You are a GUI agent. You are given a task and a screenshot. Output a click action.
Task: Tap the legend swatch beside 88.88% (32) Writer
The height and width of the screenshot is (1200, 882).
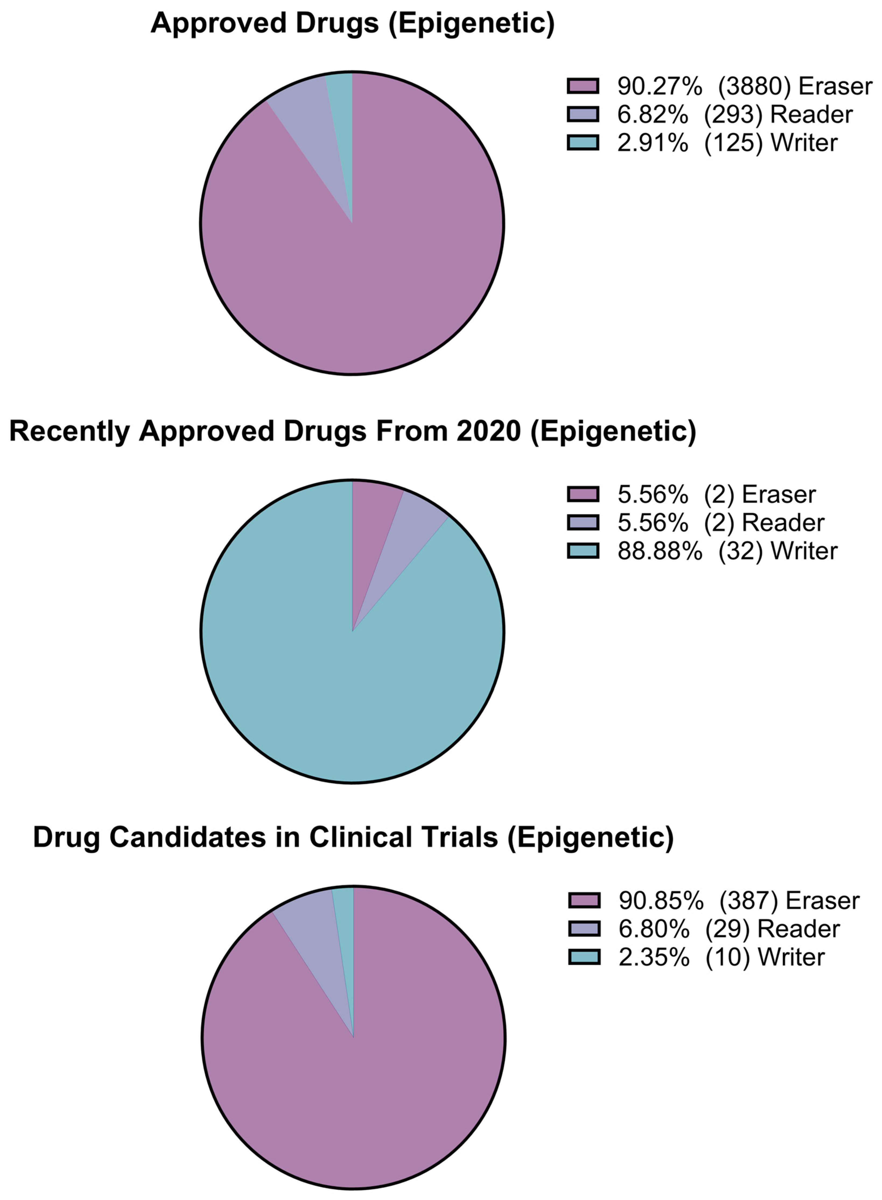[x=583, y=551]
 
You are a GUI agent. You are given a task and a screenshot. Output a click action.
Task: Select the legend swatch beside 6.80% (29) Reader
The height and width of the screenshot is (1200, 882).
[x=584, y=929]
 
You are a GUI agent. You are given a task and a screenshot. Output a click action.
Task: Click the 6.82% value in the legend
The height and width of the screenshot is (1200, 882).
[x=652, y=115]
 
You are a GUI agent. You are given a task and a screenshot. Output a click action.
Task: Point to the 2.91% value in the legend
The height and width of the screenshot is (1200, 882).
[x=652, y=143]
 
